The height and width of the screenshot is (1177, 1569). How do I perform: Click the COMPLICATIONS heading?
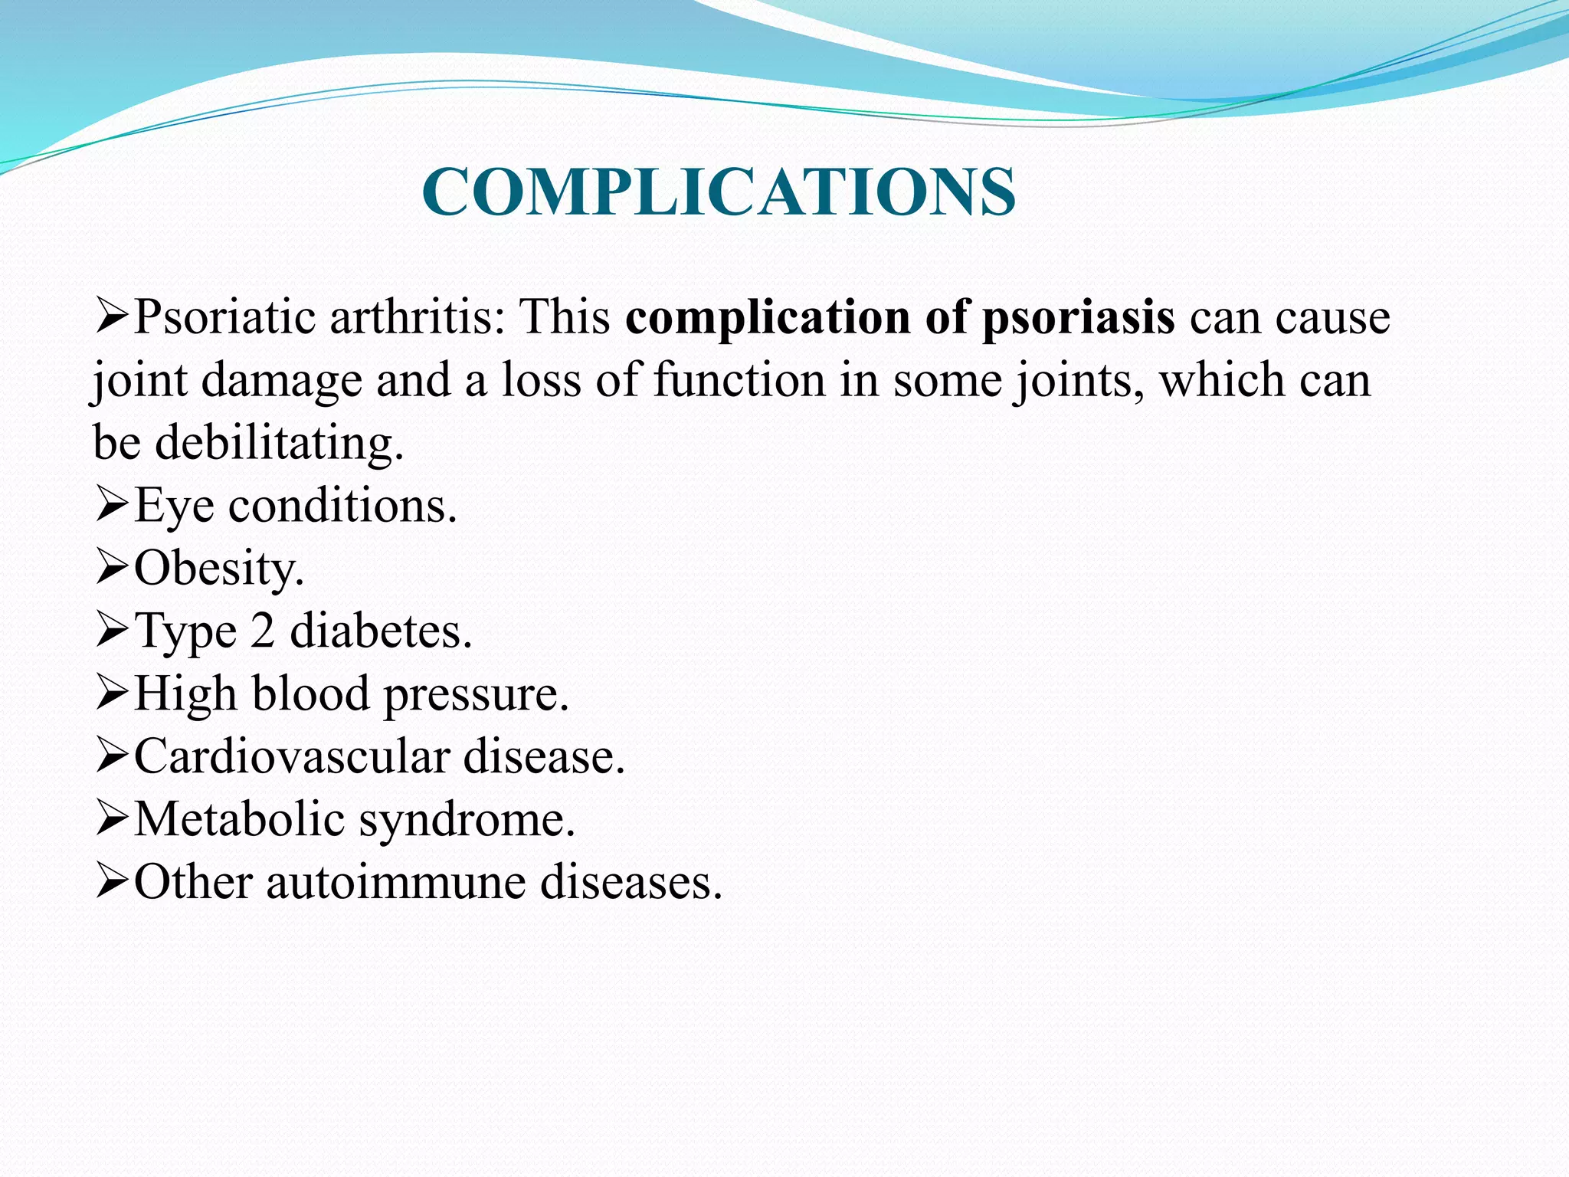pos(719,192)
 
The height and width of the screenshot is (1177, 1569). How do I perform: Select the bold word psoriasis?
pos(1078,316)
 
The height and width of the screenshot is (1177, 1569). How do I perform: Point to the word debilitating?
pos(279,443)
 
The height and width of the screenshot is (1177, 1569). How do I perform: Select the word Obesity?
pos(218,569)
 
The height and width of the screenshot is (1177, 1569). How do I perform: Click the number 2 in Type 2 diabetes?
pos(262,631)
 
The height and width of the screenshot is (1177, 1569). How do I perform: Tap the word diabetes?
pos(380,631)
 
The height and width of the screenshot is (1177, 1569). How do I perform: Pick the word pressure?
pos(475,695)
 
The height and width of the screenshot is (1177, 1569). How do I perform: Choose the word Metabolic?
pos(239,819)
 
